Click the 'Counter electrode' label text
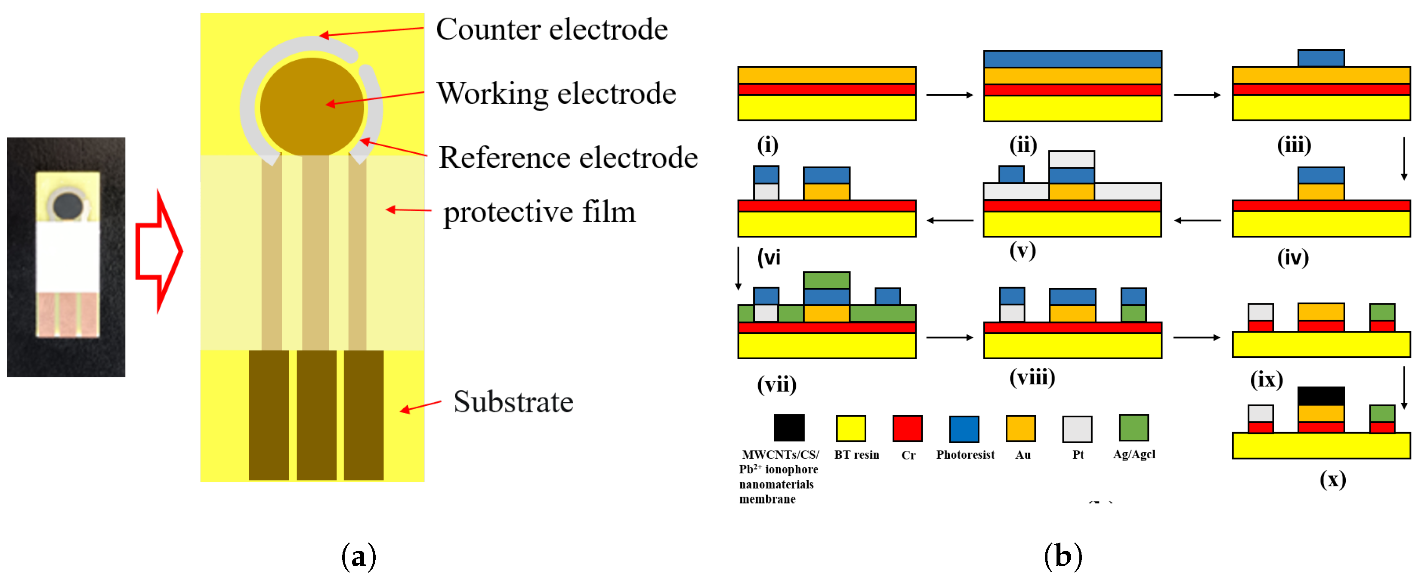pyautogui.click(x=552, y=29)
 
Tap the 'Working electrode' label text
pyautogui.click(x=556, y=93)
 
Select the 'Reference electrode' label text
pyautogui.click(x=568, y=157)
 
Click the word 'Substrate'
pyautogui.click(x=513, y=402)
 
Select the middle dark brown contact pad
pyautogui.click(x=316, y=415)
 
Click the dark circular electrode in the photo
pyautogui.click(x=67, y=205)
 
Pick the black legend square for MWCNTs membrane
pyautogui.click(x=789, y=428)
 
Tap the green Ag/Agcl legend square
pyautogui.click(x=1133, y=428)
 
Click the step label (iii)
pyautogui.click(x=1294, y=145)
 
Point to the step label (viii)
pyautogui.click(x=1032, y=377)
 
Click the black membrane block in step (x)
pyautogui.click(x=1320, y=396)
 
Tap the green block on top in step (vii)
pyautogui.click(x=826, y=280)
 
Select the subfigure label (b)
pyautogui.click(x=1063, y=557)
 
